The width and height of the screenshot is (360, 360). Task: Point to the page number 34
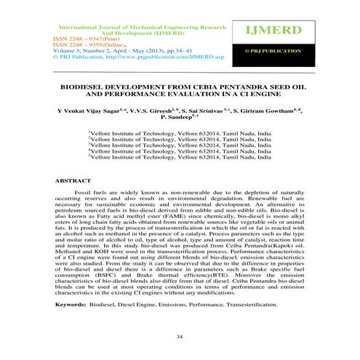coord(180,337)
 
